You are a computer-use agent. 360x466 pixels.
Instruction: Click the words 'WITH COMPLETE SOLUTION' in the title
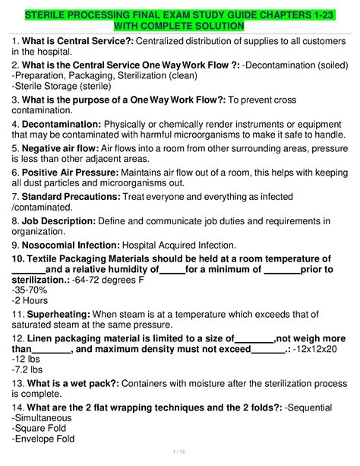180,27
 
